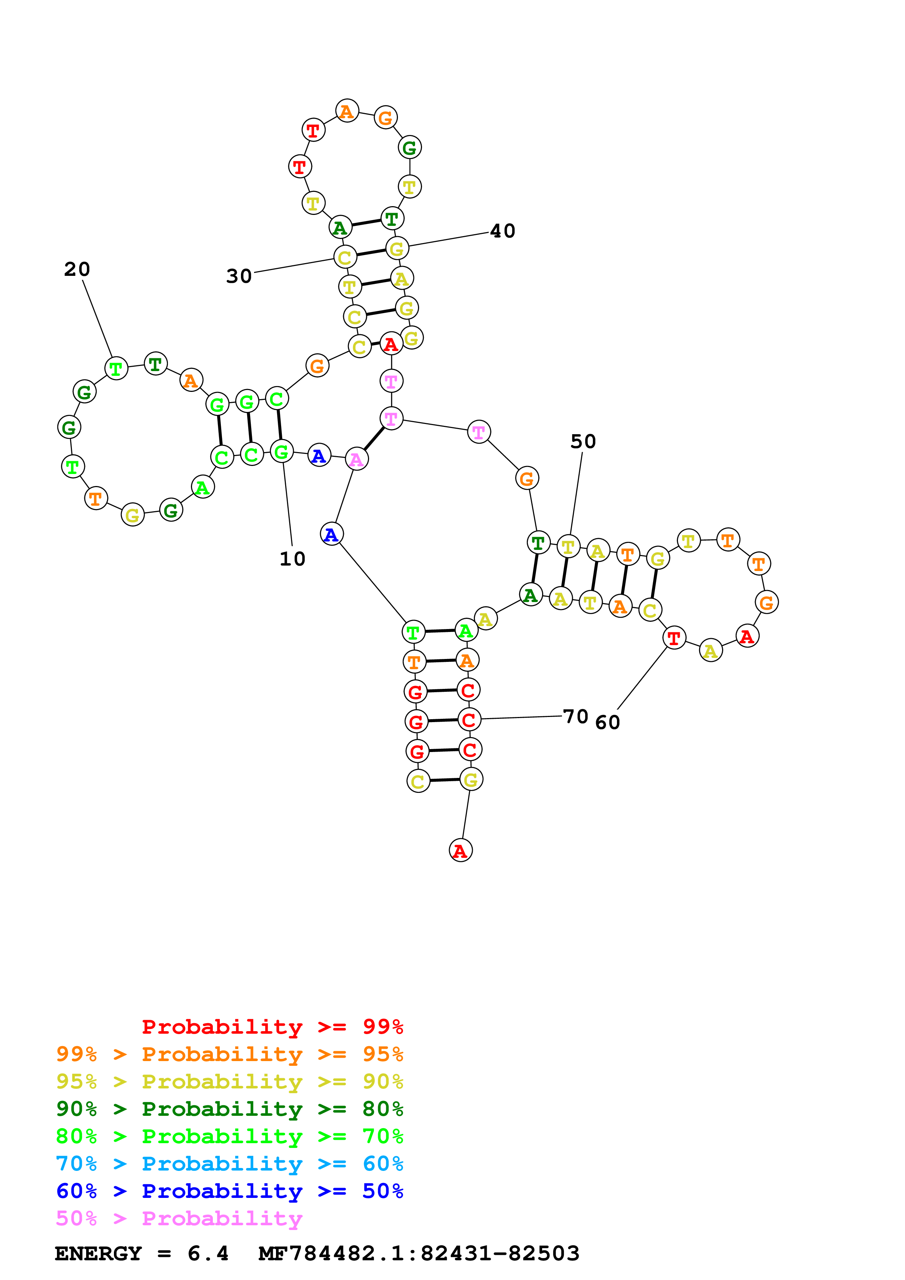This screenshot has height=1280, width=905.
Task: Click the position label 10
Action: pos(292,559)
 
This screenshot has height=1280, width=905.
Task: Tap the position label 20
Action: pos(77,269)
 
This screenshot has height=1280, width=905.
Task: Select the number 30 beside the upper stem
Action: pos(239,276)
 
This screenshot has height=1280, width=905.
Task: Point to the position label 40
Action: pos(502,231)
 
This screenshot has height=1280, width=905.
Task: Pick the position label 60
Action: pos(607,722)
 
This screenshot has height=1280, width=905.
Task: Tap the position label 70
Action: pos(575,716)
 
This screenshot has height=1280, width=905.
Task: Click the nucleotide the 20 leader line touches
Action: pos(116,369)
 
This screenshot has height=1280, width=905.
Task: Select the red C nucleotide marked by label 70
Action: pos(469,720)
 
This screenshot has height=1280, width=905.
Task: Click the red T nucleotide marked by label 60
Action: pos(674,638)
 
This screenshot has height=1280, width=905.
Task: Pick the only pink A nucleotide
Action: pos(356,459)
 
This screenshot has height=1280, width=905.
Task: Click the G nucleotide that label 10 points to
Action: pos(281,452)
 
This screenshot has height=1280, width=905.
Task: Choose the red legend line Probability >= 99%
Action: pos(272,1026)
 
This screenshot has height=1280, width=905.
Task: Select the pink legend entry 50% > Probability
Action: pos(179,1218)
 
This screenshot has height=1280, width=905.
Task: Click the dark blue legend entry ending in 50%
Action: pos(229,1191)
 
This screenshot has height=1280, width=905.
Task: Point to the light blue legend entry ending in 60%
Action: pos(229,1164)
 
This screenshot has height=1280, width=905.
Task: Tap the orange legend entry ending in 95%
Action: pos(229,1054)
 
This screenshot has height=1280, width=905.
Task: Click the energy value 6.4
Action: pos(208,1254)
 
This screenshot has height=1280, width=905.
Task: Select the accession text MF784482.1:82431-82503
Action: pos(419,1254)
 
